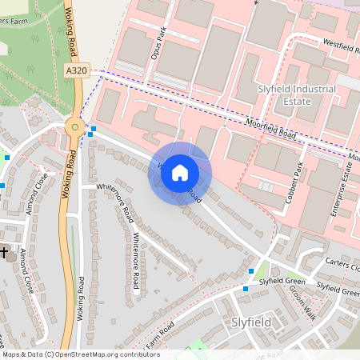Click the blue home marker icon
180,172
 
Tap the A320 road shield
77,71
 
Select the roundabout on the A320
74,125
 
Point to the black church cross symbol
4,253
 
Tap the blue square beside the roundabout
94,129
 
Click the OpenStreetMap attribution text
81,354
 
